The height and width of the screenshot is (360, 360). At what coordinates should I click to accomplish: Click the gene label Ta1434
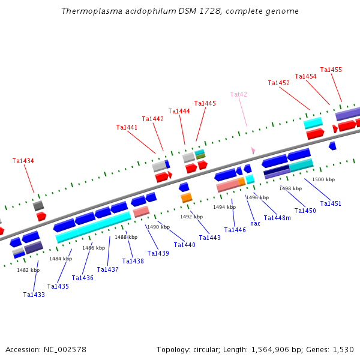tap(23, 161)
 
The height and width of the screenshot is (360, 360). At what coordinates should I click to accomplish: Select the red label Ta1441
tap(127, 127)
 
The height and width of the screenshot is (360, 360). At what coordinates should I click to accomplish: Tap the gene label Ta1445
tap(205, 103)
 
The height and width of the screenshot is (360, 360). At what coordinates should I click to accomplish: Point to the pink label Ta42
tap(239, 94)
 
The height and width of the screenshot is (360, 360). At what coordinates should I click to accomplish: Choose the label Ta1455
tap(331, 70)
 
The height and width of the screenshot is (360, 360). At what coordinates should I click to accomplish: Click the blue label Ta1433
tap(34, 295)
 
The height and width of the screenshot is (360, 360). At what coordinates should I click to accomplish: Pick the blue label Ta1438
tap(133, 261)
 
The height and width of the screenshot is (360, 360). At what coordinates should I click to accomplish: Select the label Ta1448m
tap(277, 217)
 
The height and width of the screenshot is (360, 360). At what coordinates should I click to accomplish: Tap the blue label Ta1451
tap(331, 203)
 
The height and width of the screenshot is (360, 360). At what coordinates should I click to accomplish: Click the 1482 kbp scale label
tap(28, 270)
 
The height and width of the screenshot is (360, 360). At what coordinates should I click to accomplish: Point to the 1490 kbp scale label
tap(158, 227)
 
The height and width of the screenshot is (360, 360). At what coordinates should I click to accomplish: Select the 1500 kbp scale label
tap(323, 179)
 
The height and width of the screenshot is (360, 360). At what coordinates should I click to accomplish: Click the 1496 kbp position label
tap(257, 197)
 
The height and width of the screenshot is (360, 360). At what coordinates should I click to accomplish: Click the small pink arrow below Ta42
tap(253, 150)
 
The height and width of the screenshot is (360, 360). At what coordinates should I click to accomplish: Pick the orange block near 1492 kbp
tap(187, 197)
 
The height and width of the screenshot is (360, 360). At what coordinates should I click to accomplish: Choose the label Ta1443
tap(210, 238)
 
